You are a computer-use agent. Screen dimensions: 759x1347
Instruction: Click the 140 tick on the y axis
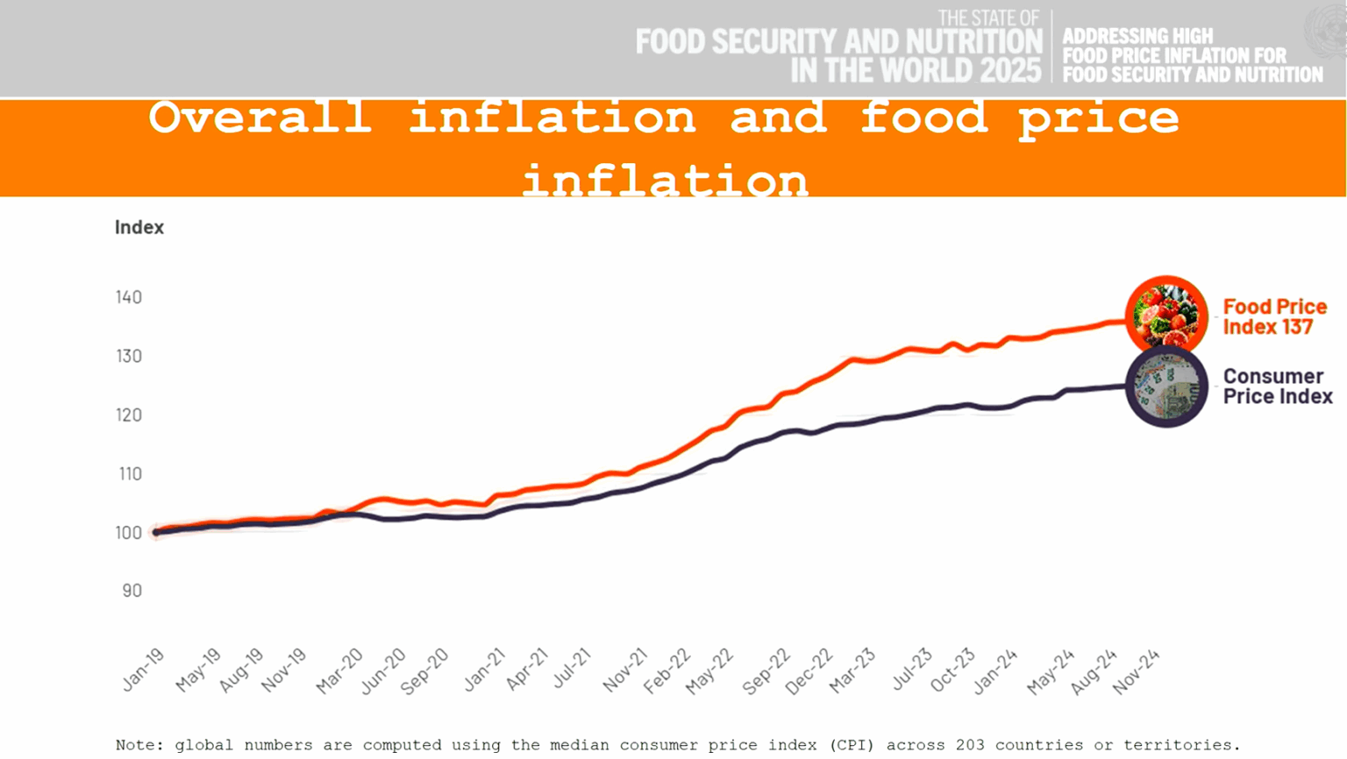click(x=129, y=297)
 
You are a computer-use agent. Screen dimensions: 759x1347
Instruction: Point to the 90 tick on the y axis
click(x=132, y=591)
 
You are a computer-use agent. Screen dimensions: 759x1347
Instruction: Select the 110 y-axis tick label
click(x=129, y=474)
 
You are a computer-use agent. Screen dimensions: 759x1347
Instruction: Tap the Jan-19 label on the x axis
click(x=144, y=670)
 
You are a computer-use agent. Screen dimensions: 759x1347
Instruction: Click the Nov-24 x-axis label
click(x=1137, y=672)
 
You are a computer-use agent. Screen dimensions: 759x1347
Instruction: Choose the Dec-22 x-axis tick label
click(x=809, y=672)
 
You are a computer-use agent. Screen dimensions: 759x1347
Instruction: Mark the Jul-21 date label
click(x=571, y=670)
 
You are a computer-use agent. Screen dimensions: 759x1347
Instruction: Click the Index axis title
click(x=139, y=228)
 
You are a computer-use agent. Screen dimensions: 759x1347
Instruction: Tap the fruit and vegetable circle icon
click(x=1165, y=316)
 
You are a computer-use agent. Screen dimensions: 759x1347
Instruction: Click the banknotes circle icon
click(x=1165, y=387)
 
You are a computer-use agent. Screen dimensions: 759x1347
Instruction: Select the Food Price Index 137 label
click(x=1274, y=316)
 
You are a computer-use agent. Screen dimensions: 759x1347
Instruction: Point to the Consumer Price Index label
click(x=1277, y=387)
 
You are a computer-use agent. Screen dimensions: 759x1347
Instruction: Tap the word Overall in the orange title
click(x=260, y=117)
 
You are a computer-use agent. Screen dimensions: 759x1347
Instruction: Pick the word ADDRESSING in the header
click(x=1137, y=37)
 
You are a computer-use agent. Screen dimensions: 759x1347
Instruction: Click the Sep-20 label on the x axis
click(x=424, y=672)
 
